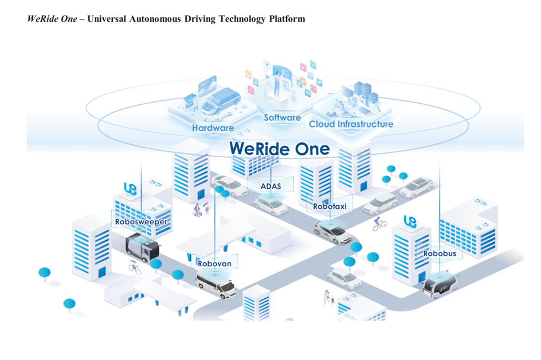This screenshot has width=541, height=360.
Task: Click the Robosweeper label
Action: pos(141,222)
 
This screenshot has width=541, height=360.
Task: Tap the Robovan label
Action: pos(215,263)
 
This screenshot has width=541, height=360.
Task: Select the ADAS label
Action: pos(270,186)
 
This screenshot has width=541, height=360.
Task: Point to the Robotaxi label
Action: pos(329,207)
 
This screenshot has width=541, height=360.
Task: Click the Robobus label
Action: pos(440,253)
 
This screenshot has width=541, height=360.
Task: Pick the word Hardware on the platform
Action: pos(213,128)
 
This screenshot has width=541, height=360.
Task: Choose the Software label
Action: pos(282,117)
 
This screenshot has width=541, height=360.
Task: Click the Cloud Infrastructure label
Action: pos(351,124)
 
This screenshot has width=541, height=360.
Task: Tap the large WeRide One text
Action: pos(279,148)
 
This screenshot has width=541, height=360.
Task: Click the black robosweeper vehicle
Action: pos(143,245)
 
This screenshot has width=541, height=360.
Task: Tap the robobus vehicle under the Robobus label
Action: pos(439,285)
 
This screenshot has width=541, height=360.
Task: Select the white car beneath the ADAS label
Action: pos(270,205)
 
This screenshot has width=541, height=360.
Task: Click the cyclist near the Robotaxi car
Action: pos(379,224)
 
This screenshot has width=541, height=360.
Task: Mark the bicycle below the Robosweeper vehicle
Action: pos(135,267)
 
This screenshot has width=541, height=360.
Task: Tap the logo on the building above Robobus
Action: pos(410,221)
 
